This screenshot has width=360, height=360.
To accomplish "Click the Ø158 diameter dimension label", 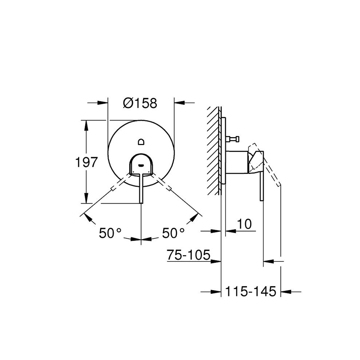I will pyautogui.click(x=140, y=103).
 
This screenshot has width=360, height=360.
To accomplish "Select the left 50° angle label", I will pyautogui.click(x=110, y=233).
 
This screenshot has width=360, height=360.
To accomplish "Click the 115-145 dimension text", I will pyautogui.click(x=251, y=291).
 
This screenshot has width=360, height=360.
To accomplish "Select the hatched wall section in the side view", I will pyautogui.click(x=213, y=149).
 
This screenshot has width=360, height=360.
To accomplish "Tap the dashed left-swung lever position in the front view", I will pyautogui.click(x=117, y=184).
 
